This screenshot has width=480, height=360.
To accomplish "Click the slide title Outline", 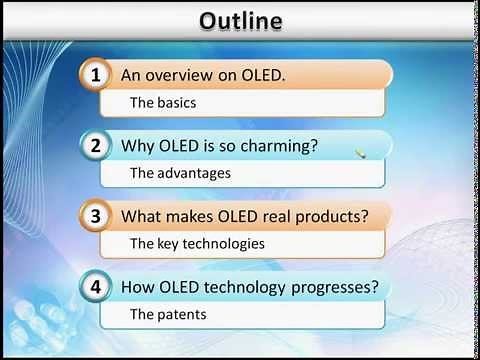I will tap(240, 20).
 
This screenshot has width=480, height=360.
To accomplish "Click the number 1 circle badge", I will tap(96, 75).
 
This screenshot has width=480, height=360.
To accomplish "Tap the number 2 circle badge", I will tap(96, 146).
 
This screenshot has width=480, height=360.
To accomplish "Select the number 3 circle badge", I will tap(96, 216).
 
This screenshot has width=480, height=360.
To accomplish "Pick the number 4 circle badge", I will tap(96, 287).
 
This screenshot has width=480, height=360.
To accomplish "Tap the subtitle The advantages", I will tap(180, 173).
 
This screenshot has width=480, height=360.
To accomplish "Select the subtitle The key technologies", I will tap(197, 243).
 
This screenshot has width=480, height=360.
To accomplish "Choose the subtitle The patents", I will tap(168, 314).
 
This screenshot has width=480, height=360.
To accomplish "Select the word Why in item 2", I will tap(137, 146).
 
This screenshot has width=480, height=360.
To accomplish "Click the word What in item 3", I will tap(141, 216).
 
